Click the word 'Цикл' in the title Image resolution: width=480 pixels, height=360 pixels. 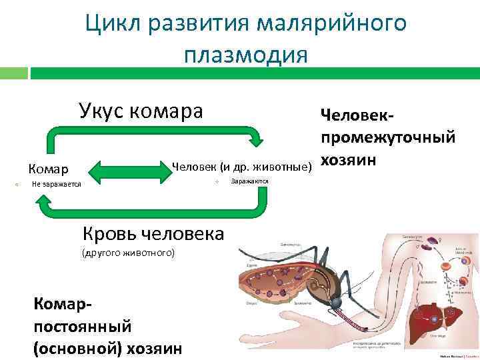[113, 23]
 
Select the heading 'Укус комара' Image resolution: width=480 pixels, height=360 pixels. [141, 111]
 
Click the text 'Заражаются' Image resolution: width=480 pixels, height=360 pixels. [249, 181]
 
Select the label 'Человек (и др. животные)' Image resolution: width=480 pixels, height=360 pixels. [242, 165]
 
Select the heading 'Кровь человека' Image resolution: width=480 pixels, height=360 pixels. [153, 233]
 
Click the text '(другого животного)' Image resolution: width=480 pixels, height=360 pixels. [127, 253]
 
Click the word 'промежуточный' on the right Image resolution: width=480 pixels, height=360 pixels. [388, 137]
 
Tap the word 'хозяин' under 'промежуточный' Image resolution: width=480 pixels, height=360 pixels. [349, 160]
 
